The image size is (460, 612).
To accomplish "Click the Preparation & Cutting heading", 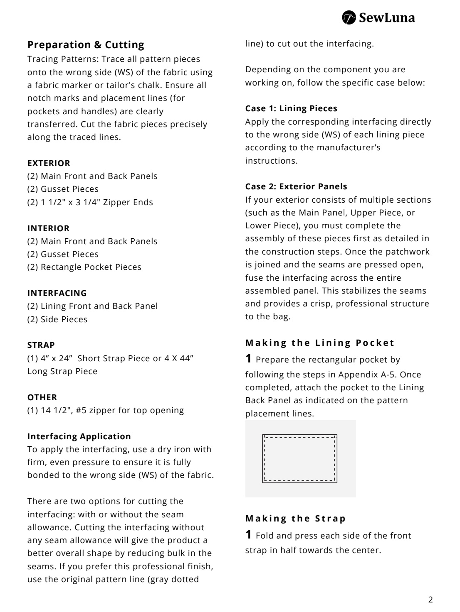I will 86,45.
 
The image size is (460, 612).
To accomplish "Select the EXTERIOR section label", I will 49,163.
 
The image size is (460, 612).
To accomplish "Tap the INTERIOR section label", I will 48,228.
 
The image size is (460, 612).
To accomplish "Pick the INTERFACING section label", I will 57,293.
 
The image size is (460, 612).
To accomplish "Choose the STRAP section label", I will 41,345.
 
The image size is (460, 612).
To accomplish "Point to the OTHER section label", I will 42,397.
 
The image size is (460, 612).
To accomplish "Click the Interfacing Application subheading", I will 79,436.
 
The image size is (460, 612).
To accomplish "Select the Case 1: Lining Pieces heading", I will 291,108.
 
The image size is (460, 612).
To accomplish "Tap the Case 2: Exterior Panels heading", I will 296,186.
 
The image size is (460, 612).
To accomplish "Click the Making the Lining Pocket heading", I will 320,343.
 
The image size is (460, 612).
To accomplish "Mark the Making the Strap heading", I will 295,519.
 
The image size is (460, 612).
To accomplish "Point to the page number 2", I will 430,600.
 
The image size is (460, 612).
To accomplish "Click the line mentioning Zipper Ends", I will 90,202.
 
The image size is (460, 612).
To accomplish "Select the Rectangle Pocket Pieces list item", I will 84,267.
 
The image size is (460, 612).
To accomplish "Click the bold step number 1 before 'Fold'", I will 248,535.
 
